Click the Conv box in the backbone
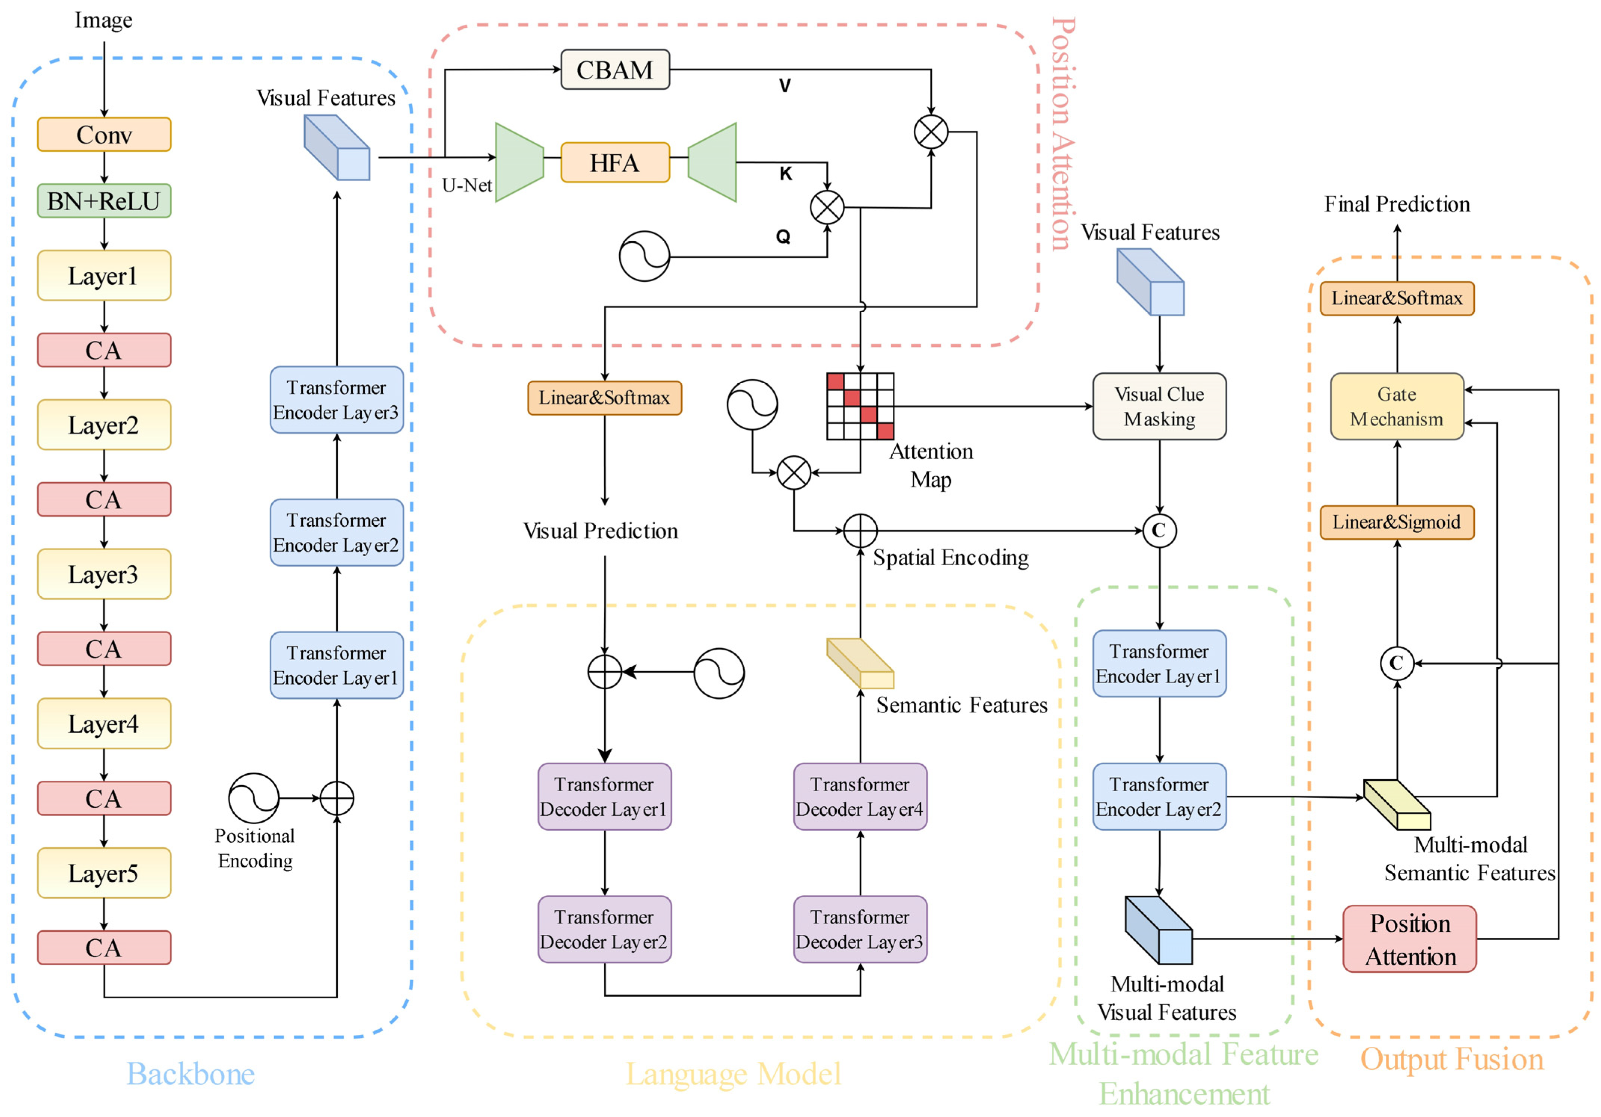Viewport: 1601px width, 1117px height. [104, 134]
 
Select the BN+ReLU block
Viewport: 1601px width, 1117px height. [104, 201]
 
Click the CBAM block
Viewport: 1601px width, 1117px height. [615, 70]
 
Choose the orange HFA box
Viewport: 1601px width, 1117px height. [615, 163]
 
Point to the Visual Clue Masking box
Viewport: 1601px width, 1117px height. [1159, 406]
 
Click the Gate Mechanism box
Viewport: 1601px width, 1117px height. [1397, 406]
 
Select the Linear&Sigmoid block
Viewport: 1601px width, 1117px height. [1397, 522]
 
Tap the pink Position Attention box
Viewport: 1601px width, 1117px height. [1409, 938]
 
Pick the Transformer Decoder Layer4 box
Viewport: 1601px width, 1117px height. [860, 796]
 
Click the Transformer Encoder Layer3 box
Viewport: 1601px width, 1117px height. [337, 399]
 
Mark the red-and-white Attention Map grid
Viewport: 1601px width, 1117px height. [860, 406]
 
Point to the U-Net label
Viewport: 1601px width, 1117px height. [466, 185]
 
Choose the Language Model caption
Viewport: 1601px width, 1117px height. [733, 1074]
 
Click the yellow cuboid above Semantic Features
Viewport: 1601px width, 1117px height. [860, 663]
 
